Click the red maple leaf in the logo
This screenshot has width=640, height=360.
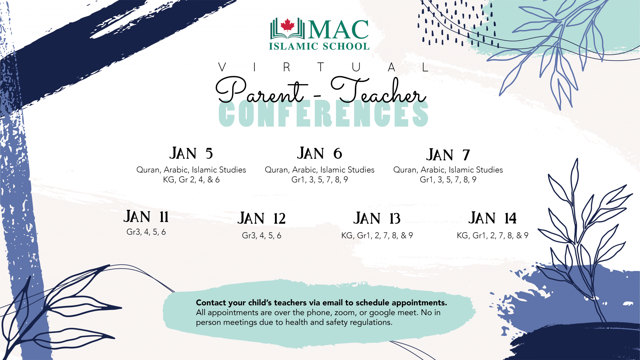[287, 25]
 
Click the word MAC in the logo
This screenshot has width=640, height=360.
[339, 30]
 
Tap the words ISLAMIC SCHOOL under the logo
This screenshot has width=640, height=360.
[319, 46]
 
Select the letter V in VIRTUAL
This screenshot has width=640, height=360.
[222, 67]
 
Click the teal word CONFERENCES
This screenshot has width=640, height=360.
[323, 114]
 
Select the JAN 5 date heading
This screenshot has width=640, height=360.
[191, 153]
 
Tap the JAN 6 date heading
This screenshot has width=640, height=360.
[319, 153]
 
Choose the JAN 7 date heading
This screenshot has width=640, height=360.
[448, 155]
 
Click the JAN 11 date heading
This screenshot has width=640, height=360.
[146, 217]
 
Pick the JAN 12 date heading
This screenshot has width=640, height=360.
[262, 218]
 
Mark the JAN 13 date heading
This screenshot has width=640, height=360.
[377, 218]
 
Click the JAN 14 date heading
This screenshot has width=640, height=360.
[492, 218]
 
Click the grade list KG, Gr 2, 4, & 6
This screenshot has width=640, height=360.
[191, 180]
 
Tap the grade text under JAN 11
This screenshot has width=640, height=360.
[146, 232]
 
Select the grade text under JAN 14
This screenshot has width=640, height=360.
[492, 235]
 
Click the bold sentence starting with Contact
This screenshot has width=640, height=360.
[321, 302]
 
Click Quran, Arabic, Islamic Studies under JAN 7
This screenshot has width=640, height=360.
[448, 170]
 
